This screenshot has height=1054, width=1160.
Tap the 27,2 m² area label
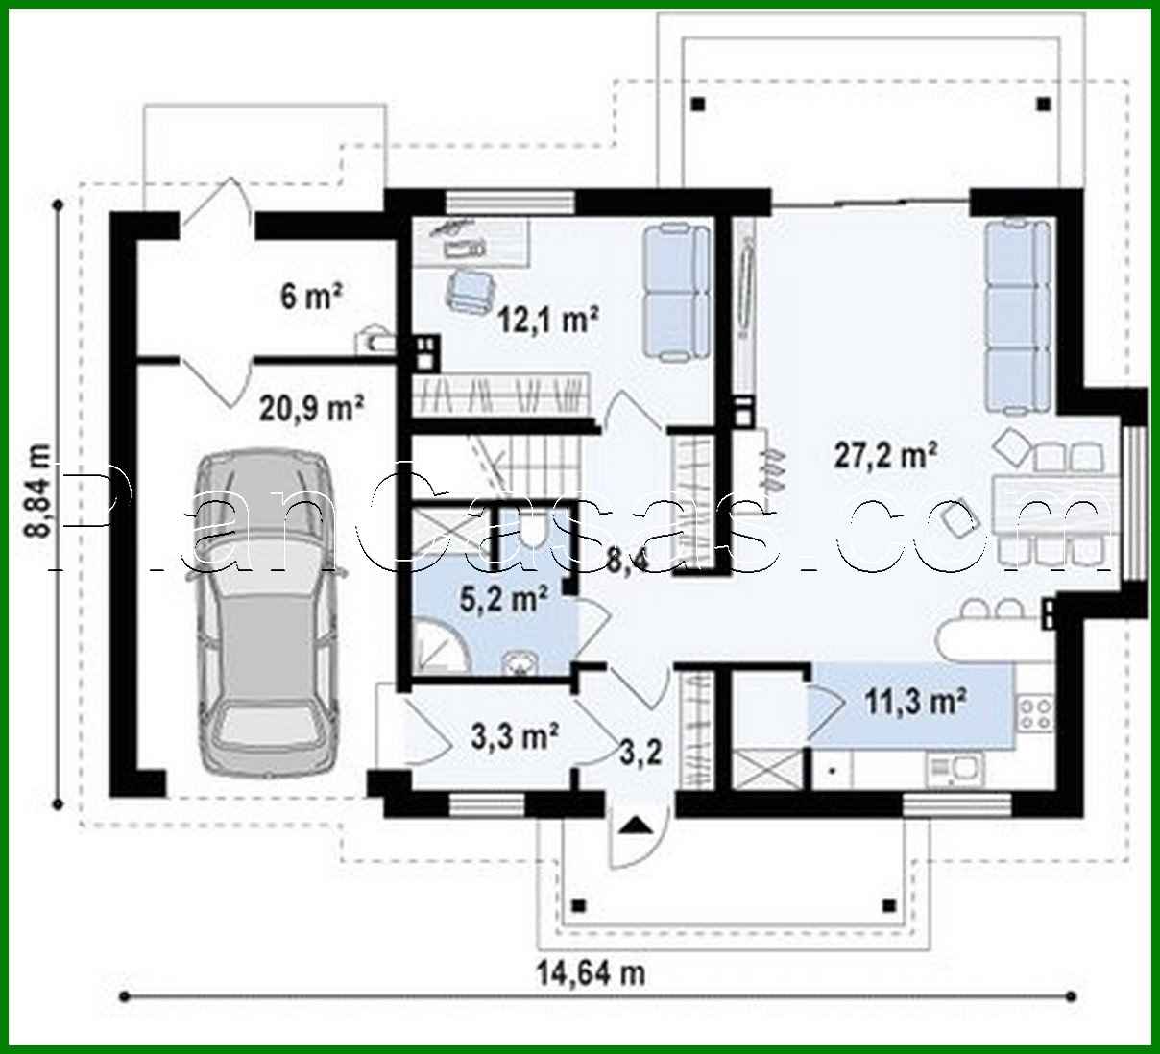click(884, 455)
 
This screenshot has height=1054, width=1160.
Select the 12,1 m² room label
click(548, 318)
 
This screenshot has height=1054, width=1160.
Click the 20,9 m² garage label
click(310, 409)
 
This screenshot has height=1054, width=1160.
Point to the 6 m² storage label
click(311, 297)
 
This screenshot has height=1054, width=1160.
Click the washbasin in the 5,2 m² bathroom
click(521, 663)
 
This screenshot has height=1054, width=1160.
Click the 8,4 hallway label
click(627, 559)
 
